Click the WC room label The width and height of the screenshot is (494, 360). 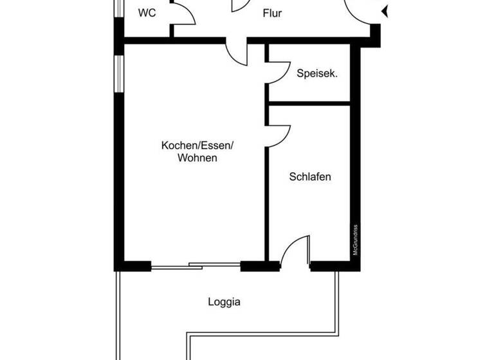(x=147, y=13)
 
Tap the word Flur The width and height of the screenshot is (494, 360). (x=272, y=13)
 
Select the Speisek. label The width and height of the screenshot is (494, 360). (x=317, y=73)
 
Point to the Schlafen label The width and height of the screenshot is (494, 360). (x=310, y=176)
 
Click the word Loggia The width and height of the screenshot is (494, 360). (x=224, y=301)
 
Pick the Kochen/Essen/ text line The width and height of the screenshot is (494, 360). (x=197, y=145)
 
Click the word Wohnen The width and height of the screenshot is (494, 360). (x=197, y=157)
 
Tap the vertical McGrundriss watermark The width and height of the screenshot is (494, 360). (x=355, y=240)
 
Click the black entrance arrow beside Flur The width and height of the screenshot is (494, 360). (x=385, y=11)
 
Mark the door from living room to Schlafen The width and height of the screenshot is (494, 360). (x=278, y=136)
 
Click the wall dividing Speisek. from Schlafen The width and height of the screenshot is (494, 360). (x=309, y=103)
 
